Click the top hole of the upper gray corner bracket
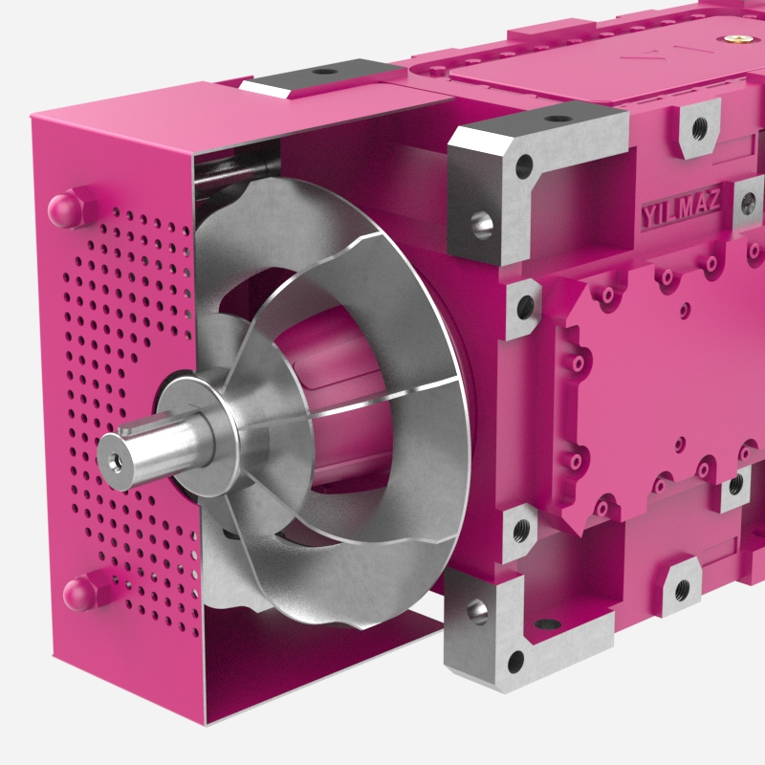[557, 120]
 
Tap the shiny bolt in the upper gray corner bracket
[482, 225]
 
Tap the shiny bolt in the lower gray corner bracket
[477, 612]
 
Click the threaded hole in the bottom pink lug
[681, 589]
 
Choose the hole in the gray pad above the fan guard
[323, 71]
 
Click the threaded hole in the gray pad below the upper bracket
[526, 307]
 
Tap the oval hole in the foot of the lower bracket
[547, 624]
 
